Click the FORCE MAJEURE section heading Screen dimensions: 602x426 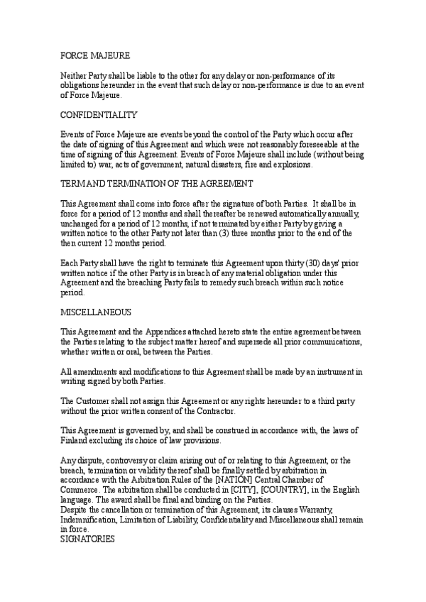tap(94, 55)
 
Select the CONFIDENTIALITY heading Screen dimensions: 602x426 tap(99, 115)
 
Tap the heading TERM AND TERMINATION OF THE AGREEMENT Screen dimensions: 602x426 tap(156, 183)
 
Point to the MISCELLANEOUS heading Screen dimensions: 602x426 tap(95, 312)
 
